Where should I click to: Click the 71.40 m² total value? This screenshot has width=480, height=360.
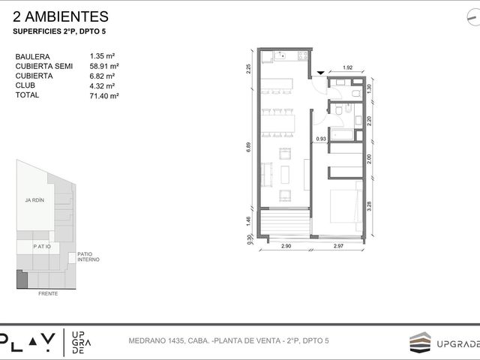click(104, 96)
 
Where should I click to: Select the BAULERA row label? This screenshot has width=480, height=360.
click(32, 57)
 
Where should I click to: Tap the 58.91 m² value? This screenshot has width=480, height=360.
click(104, 66)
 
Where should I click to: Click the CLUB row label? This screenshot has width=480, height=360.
click(25, 85)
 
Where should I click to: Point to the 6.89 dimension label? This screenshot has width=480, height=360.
click(248, 147)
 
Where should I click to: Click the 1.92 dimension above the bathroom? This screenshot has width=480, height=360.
click(348, 67)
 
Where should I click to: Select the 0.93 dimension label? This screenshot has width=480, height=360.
click(321, 139)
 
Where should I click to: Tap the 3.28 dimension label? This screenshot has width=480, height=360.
click(369, 205)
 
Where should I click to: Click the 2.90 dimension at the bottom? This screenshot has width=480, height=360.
click(286, 246)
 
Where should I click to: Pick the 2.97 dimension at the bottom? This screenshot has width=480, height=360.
click(338, 246)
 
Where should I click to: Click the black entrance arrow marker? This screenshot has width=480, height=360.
click(320, 73)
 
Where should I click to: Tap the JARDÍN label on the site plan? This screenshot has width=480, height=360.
click(34, 200)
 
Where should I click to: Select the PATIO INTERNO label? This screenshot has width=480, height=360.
click(88, 256)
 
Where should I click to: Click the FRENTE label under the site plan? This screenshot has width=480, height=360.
click(48, 293)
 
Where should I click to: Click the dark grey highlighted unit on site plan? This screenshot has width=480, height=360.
click(22, 280)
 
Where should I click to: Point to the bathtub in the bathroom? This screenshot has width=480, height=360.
click(342, 135)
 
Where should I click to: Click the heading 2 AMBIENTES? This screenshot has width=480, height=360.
click(61, 16)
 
